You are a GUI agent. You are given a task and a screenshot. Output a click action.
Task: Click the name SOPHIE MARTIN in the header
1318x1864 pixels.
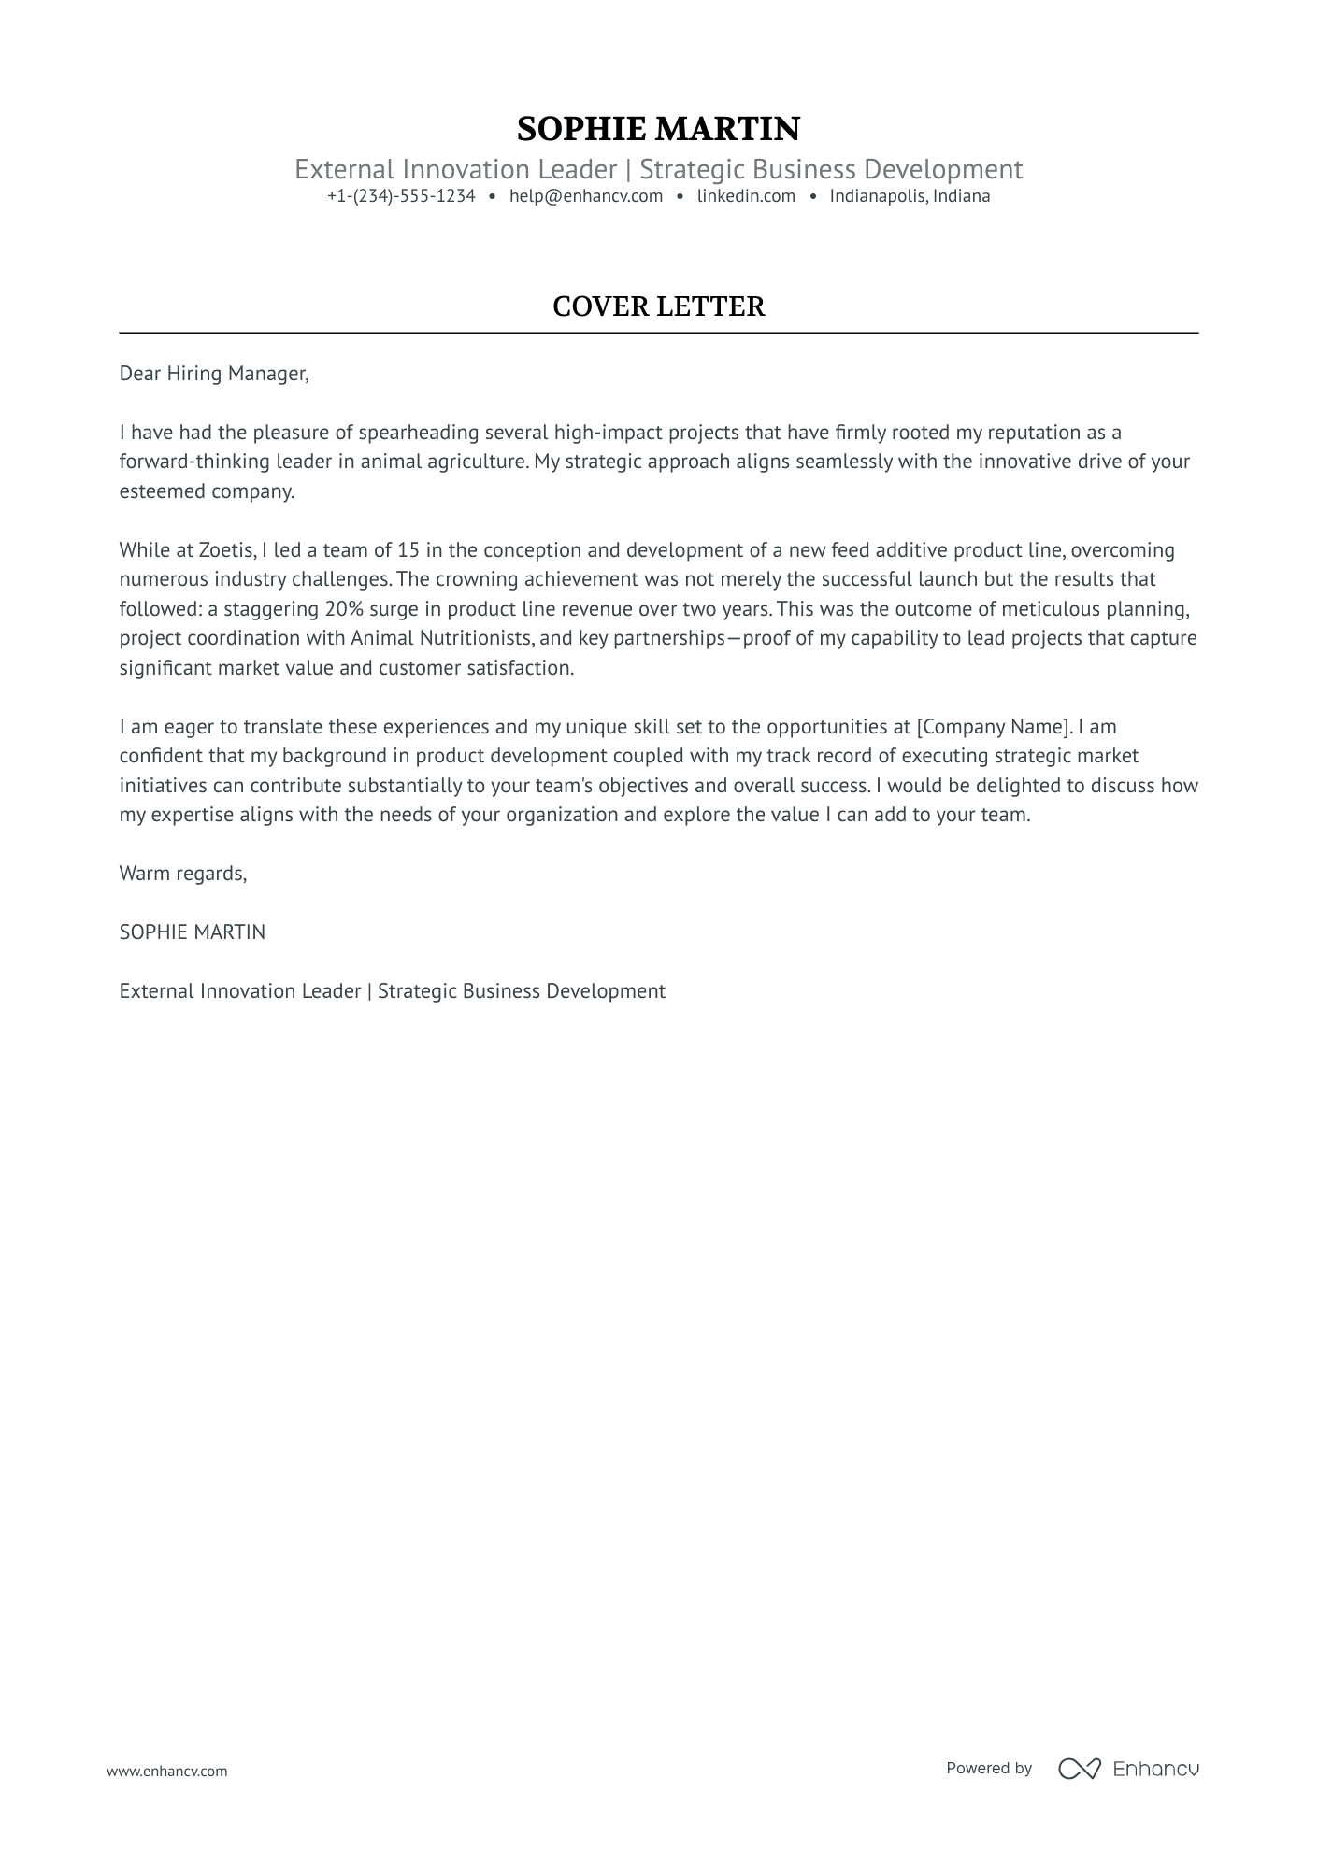coord(658,129)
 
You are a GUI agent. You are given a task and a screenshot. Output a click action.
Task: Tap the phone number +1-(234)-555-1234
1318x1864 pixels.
coord(401,196)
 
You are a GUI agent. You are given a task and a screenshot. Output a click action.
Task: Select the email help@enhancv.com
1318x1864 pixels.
coord(586,196)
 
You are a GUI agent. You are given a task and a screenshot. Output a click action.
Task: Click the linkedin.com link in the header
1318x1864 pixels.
coord(746,196)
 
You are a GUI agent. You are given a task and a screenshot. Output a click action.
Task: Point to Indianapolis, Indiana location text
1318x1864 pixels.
coord(910,196)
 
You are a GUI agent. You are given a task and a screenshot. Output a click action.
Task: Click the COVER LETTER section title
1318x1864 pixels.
coord(658,306)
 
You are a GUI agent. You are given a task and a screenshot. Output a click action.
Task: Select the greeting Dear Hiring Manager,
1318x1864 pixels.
coord(213,374)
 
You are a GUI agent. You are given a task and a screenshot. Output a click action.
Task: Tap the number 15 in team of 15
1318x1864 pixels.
coord(408,550)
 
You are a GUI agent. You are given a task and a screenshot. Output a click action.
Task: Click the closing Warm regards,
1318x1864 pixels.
coord(182,874)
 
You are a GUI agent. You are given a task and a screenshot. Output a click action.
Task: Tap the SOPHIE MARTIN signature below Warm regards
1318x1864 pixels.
coord(192,932)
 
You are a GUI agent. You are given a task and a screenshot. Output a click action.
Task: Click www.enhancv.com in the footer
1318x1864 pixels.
coord(166,1771)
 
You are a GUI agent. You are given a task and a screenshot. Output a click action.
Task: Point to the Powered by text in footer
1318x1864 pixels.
coord(988,1768)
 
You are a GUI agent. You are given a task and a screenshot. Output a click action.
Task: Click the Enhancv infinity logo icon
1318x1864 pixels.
coord(1079,1769)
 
